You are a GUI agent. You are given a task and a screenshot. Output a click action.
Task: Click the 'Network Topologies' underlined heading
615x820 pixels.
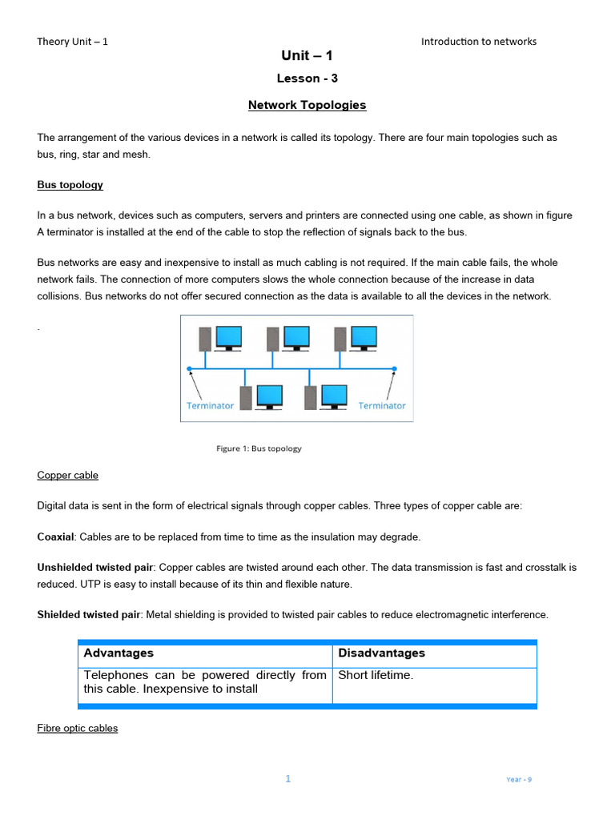(307, 105)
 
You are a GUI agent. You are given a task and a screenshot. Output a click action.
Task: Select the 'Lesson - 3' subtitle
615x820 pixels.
(307, 78)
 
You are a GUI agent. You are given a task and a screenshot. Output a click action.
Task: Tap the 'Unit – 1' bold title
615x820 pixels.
(307, 55)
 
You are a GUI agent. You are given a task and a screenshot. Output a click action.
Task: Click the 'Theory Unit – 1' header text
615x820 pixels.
(72, 42)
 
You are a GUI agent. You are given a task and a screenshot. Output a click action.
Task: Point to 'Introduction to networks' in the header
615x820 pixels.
(479, 42)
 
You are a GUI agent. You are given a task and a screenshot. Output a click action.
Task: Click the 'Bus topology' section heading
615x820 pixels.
(70, 185)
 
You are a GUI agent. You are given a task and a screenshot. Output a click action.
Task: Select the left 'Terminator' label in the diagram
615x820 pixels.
(210, 406)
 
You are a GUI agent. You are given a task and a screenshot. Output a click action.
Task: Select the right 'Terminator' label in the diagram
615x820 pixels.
(382, 406)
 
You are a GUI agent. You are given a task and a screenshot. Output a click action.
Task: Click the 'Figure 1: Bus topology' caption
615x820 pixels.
(259, 448)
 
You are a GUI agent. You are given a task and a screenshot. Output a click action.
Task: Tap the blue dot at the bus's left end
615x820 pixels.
(190, 369)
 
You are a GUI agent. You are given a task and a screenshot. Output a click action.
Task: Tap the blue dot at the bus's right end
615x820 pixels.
(394, 369)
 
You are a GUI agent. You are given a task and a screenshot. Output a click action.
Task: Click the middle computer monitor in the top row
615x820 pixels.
(296, 336)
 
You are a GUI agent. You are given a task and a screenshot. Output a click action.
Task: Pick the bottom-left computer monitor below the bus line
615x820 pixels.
(269, 396)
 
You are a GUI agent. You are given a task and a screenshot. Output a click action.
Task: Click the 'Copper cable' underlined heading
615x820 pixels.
(68, 475)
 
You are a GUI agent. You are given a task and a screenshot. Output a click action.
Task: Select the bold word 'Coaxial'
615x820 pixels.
(55, 537)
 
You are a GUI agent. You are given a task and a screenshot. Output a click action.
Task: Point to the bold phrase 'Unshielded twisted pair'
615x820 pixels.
(89, 567)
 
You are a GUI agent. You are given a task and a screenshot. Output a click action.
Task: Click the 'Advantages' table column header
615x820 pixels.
(119, 653)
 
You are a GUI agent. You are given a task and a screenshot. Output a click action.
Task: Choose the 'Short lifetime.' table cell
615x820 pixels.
(376, 675)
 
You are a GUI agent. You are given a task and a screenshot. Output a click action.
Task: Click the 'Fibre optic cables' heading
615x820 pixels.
(78, 728)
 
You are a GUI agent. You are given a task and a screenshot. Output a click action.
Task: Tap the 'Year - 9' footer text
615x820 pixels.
(519, 779)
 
